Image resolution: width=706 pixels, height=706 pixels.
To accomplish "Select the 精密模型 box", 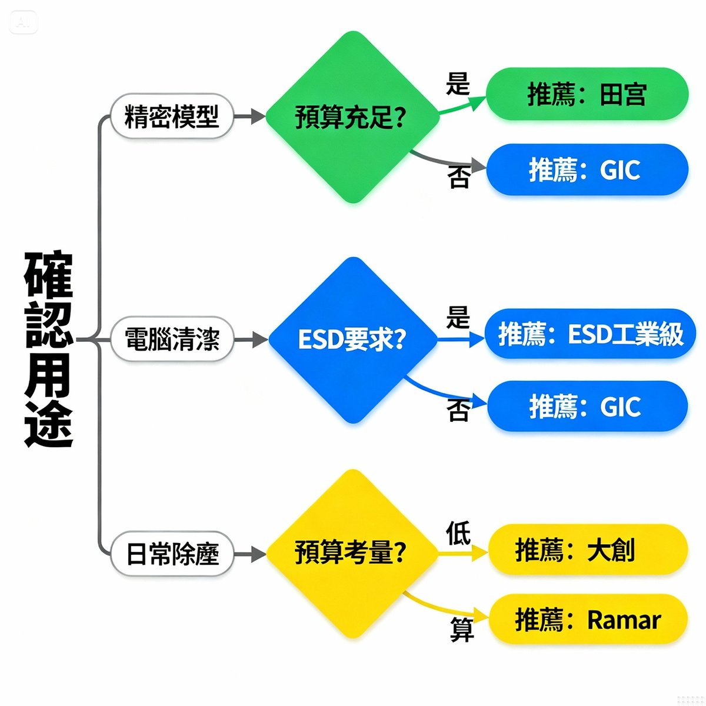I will pos(172,116).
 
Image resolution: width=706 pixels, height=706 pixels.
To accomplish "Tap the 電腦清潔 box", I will pos(172,339).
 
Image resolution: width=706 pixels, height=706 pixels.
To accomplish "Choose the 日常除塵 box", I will pos(172,554).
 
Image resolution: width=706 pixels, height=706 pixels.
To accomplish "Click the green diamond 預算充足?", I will pos(352,117).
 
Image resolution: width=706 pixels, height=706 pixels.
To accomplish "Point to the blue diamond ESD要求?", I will pos(352,339).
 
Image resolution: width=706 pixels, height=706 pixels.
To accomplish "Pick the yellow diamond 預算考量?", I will pos(352,553).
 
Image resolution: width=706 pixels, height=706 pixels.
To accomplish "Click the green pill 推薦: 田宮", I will pos(587,94).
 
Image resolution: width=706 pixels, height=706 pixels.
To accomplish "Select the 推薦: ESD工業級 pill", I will pos(590,334).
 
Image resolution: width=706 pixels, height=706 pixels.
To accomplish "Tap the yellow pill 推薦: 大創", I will pos(588,550).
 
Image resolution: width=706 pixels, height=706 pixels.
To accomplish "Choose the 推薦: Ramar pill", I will pos(588,620).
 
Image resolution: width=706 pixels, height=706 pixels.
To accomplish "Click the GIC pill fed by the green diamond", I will pos(587,169).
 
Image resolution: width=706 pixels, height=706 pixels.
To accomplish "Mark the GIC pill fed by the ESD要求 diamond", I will pos(587,406).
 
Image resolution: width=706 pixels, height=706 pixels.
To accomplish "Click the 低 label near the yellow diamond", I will pos(458,533).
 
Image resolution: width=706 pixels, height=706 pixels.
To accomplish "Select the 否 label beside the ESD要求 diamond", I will pos(458,410).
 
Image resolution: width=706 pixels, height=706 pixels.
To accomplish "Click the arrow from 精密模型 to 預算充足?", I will pos(249,116).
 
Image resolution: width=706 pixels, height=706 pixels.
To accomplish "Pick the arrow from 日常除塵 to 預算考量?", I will pos(249,554).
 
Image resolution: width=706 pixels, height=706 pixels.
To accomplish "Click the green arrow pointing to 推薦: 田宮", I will pos(463,105).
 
